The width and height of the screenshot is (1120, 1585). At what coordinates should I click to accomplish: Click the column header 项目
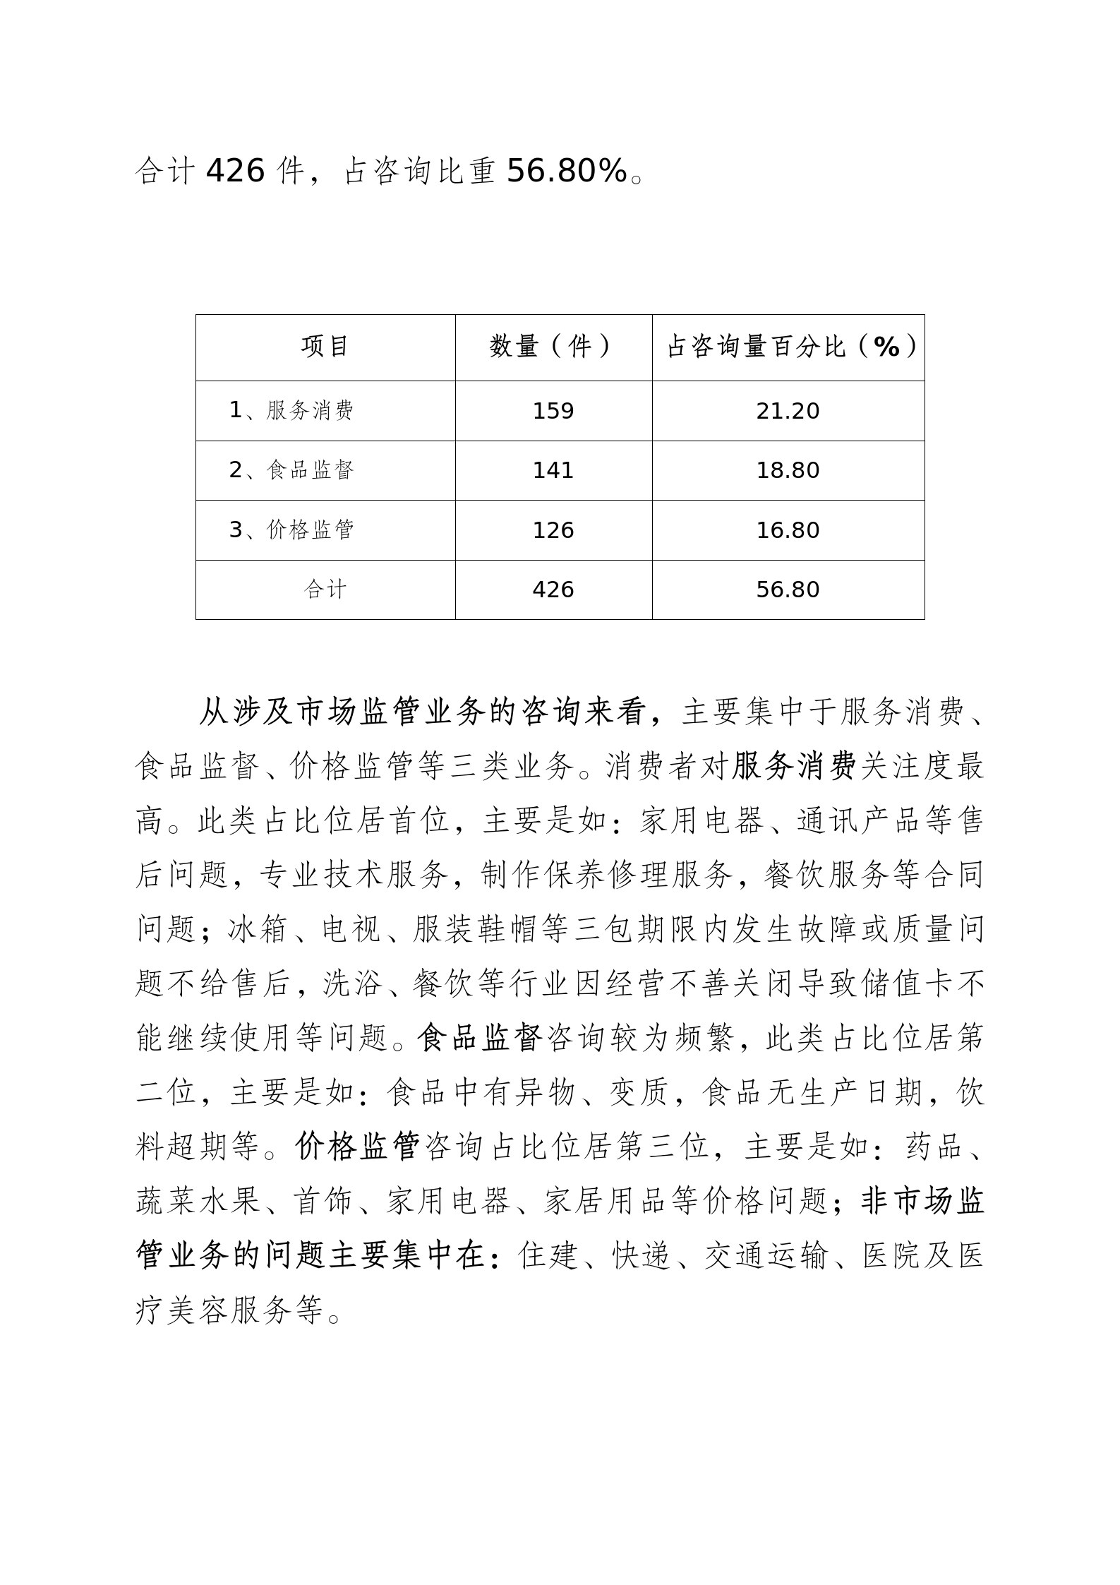coord(325,347)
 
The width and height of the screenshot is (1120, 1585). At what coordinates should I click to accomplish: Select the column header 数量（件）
coord(553,347)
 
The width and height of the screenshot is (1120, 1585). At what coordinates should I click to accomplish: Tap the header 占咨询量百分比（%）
coord(788,347)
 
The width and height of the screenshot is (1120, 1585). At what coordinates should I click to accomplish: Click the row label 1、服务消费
coord(291,411)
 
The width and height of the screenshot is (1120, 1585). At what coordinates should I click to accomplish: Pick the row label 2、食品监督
coord(291,470)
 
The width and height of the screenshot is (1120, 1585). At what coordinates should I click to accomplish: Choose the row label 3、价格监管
coord(291,530)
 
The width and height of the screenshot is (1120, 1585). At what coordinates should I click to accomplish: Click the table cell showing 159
coord(553,411)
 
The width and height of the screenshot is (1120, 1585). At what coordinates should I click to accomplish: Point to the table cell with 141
coord(553,470)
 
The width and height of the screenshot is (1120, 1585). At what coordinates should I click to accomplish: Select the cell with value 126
coord(553,530)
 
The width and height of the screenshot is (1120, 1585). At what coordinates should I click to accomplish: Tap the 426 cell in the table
coord(553,590)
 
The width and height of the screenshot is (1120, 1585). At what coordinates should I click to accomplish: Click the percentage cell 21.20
coord(788,411)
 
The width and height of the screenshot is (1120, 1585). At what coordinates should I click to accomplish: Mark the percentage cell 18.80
coord(788,470)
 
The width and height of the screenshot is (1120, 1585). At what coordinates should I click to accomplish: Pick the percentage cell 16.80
coord(788,530)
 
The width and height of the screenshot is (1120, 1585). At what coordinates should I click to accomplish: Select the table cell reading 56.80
coord(788,590)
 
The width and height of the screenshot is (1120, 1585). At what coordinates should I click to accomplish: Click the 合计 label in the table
coord(325,590)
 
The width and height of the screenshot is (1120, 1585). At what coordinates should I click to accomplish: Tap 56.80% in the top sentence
coord(567,171)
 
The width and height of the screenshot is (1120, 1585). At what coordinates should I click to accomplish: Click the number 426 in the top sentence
coord(235,171)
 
